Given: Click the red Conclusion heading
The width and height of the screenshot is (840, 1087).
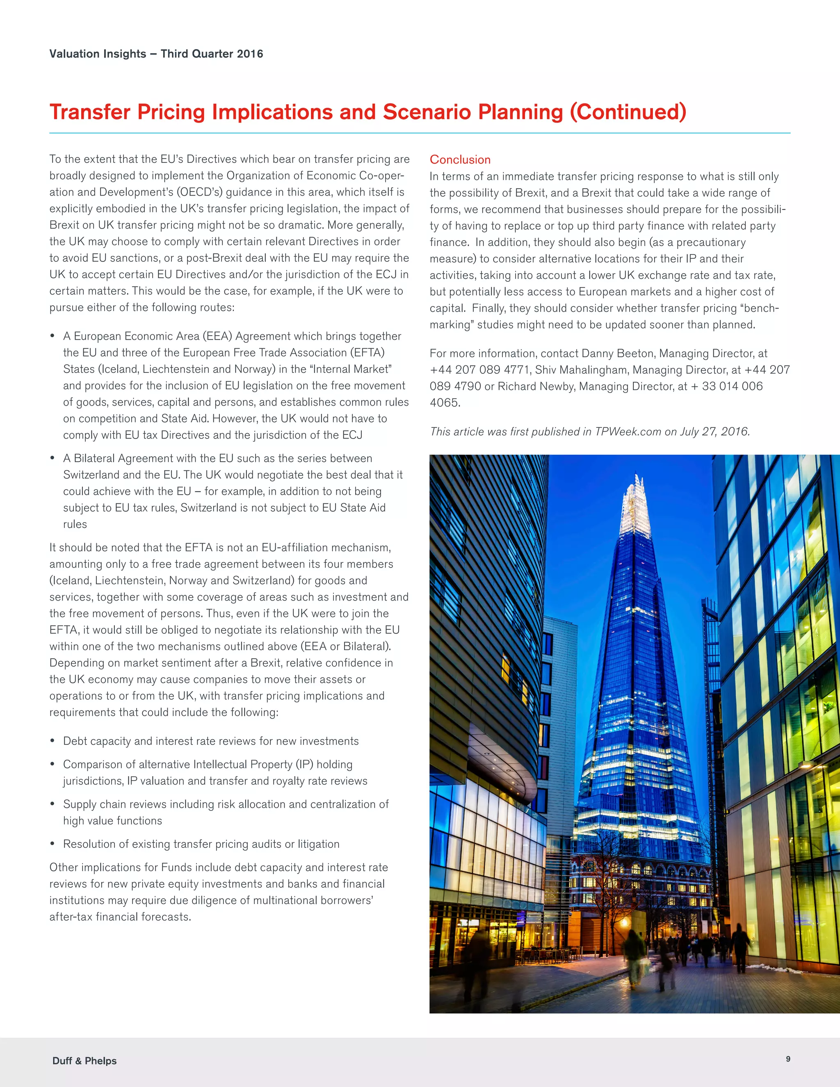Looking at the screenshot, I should (x=460, y=160).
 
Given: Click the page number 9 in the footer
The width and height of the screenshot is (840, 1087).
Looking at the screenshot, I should (x=788, y=1059).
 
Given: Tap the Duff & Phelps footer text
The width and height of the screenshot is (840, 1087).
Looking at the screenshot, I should (x=84, y=1061).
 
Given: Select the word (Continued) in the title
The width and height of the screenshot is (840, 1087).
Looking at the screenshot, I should (x=628, y=112).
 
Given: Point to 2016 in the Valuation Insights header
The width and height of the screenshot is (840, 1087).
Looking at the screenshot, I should (x=250, y=54).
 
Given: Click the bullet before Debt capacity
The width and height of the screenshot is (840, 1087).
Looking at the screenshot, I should (x=52, y=741).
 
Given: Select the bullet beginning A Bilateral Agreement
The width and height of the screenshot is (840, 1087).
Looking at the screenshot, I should (x=52, y=459).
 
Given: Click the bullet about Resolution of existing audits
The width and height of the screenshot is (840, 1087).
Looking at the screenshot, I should (x=52, y=844).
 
